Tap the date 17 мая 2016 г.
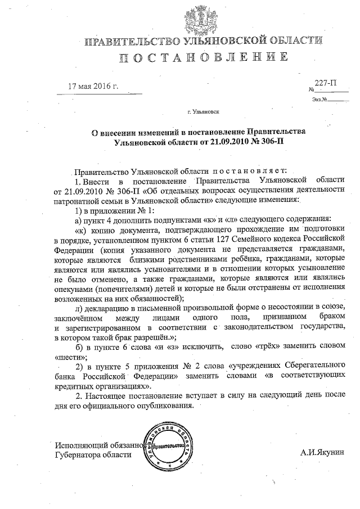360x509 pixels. tap(93, 87)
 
